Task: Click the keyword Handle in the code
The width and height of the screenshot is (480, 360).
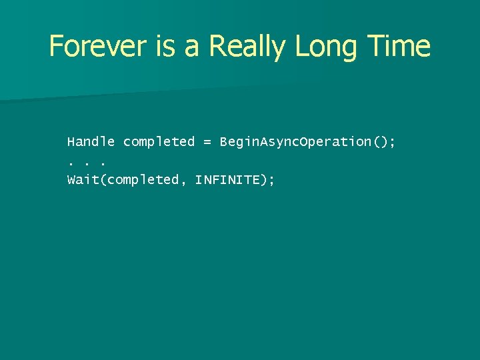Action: point(91,142)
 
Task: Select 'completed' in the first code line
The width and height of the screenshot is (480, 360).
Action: point(159,142)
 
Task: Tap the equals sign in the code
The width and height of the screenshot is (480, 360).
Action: point(207,142)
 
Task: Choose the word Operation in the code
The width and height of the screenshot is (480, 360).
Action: point(336,142)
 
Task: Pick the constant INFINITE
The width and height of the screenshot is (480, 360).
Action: point(227,179)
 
